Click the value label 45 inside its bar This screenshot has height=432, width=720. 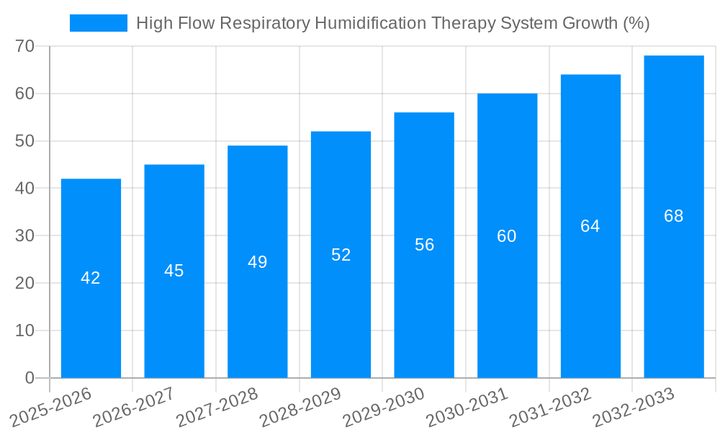point(174,271)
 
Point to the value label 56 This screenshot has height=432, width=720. point(424,245)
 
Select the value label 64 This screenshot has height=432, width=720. point(590,226)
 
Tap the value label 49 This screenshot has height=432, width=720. point(258,262)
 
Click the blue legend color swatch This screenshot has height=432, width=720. point(98,23)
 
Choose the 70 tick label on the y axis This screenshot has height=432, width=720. point(24,46)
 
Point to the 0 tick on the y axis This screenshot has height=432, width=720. point(30,378)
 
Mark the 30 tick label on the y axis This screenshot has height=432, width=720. point(24,235)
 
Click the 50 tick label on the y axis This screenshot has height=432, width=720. point(24,141)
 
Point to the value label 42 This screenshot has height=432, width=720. point(91,278)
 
